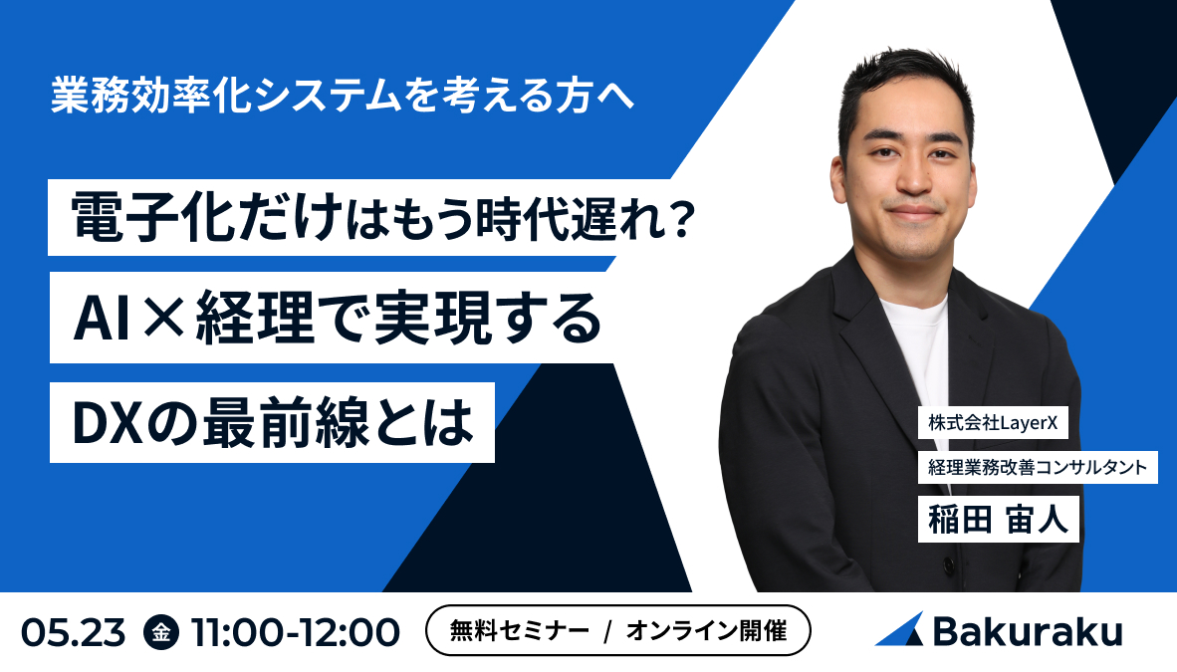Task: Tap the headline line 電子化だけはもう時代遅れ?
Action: (x=382, y=215)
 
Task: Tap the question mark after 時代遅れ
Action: (x=680, y=216)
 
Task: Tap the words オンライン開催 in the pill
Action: (x=706, y=631)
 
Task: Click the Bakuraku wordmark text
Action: (x=1027, y=631)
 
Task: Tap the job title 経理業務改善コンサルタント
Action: (x=1037, y=466)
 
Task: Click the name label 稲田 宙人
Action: (x=998, y=520)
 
